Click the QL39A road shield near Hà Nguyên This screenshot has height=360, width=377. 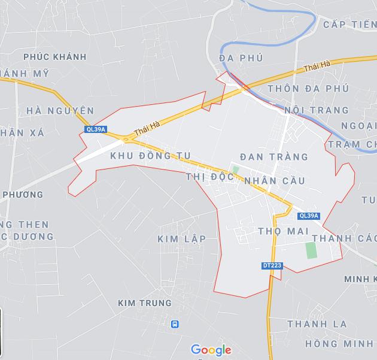coord(96,129)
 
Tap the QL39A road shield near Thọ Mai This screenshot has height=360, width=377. coord(309,216)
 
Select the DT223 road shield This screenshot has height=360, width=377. coord(272,265)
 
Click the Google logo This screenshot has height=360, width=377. coord(211,350)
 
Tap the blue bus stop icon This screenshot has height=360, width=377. coord(175,324)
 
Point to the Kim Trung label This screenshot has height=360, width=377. coord(145,303)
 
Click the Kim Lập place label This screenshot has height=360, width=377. coord(181,239)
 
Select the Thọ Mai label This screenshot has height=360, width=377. coord(283,231)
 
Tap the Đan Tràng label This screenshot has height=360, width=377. coord(274,157)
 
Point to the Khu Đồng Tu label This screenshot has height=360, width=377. coord(150,156)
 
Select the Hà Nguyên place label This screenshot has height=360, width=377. coord(60,111)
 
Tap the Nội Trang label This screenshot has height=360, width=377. coord(316,110)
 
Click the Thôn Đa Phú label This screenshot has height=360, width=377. coord(308,89)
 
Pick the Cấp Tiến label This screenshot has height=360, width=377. coord(349,25)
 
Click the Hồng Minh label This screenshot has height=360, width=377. coord(339,344)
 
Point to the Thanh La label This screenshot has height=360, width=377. coord(317,324)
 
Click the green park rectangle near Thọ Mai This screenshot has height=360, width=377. coord(311,250)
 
